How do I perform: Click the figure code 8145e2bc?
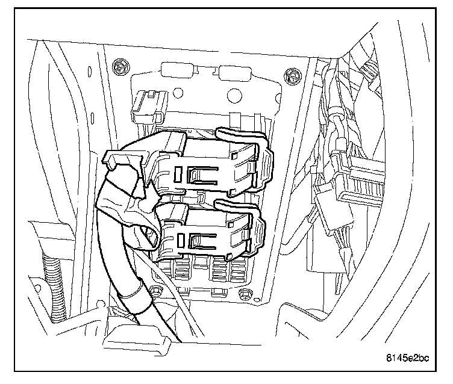tap(407, 359)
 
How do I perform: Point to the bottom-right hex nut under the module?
tap(245, 294)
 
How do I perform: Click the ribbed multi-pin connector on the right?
tap(361, 181)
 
